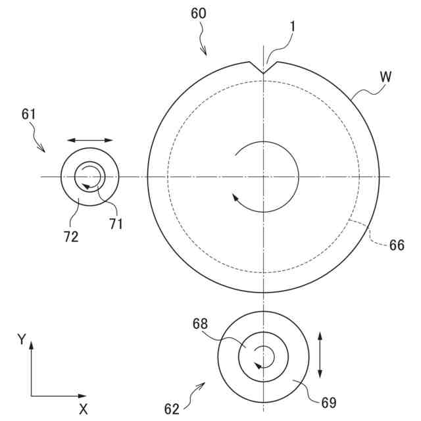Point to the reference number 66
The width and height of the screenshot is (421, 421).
click(397, 245)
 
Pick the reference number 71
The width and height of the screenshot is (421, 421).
click(116, 224)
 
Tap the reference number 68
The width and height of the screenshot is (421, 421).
click(201, 324)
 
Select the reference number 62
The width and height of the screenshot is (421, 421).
click(172, 409)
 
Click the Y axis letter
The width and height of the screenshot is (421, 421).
click(22, 340)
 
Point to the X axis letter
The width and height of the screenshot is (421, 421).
click(84, 409)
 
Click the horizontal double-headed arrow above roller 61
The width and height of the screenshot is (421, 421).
click(89, 140)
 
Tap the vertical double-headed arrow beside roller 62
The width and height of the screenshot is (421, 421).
click(320, 355)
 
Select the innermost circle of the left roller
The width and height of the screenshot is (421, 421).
click(89, 176)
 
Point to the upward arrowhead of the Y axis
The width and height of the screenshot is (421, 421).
click(31, 344)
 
